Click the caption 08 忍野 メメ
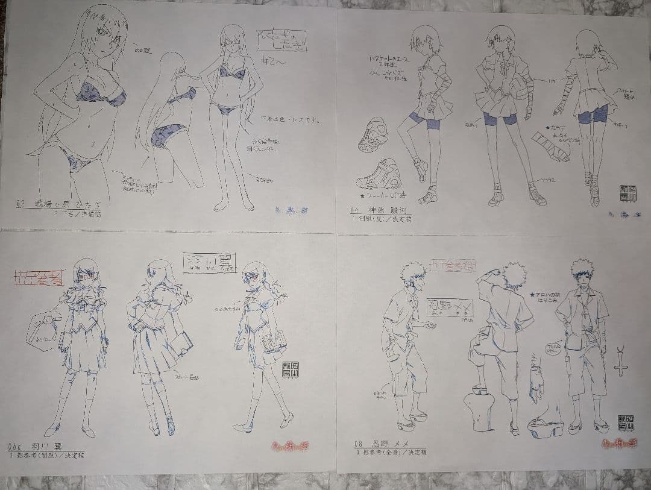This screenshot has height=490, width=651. click(389, 444)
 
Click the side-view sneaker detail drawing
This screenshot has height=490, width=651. click(379, 175)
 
